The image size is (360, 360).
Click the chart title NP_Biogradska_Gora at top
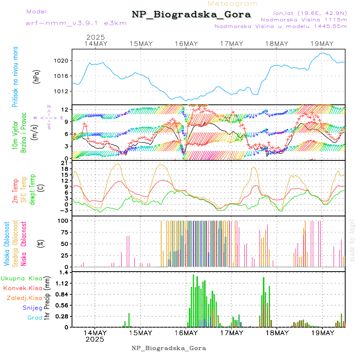191,15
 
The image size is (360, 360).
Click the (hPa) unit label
36,76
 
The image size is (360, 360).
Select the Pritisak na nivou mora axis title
15,76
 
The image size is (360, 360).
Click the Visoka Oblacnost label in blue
6,242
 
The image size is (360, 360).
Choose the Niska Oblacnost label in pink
24,242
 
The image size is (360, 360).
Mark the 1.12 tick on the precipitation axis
62,283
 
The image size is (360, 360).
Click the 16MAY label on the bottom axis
186,333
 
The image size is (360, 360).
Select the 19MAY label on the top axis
322,44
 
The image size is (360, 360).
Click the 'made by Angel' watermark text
352,240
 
